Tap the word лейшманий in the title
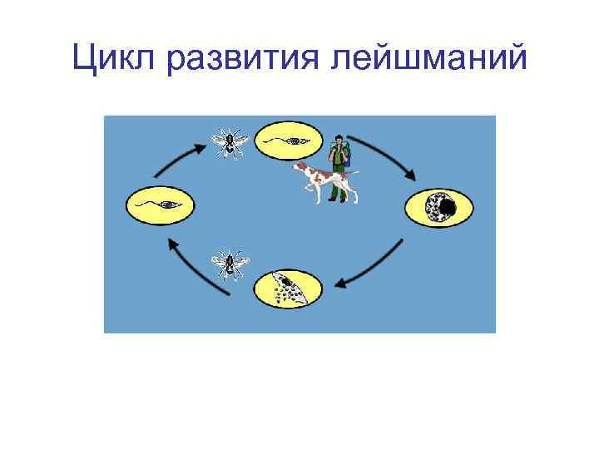coord(433,61)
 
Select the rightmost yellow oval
coord(438,205)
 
